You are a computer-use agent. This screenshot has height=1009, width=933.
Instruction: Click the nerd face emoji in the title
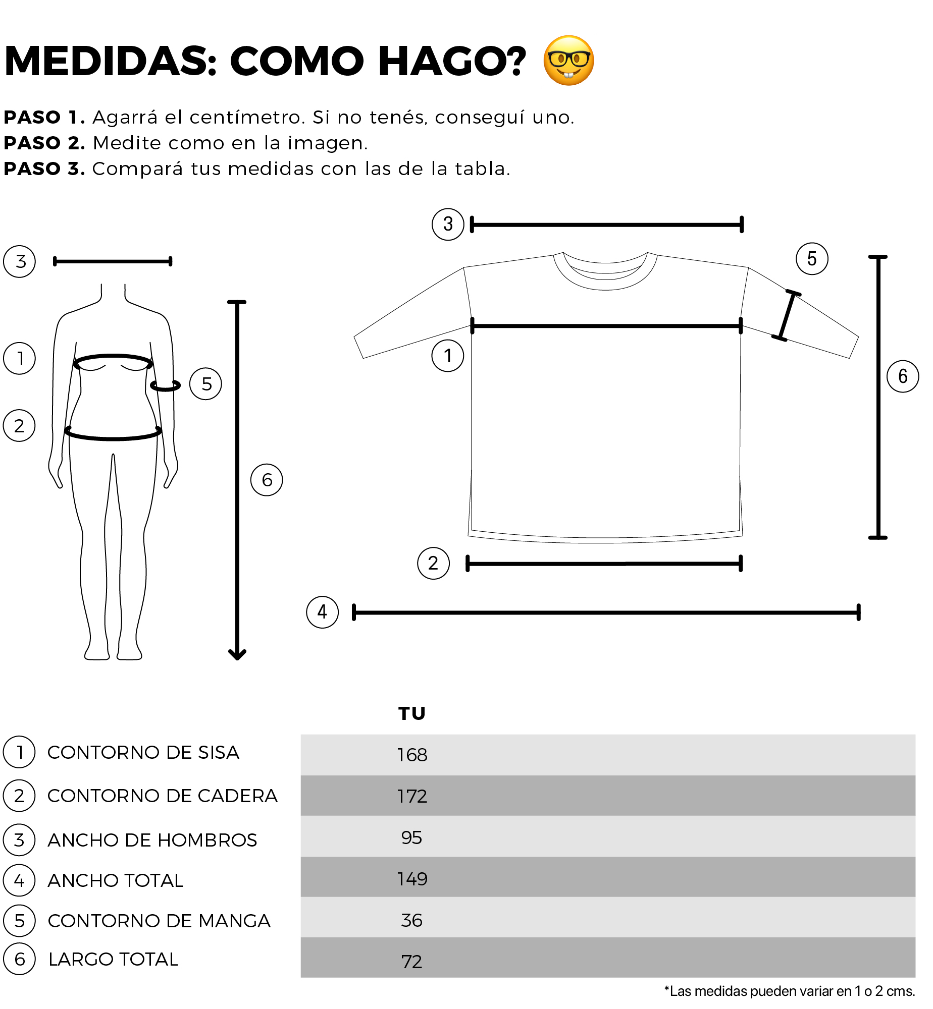[x=568, y=61]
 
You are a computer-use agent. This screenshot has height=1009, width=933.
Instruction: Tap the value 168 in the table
[x=412, y=755]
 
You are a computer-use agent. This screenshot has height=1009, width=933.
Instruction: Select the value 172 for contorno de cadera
[x=412, y=796]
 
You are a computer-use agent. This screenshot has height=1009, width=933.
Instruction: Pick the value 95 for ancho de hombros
[x=411, y=837]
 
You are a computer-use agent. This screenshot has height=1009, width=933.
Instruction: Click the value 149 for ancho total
[x=412, y=879]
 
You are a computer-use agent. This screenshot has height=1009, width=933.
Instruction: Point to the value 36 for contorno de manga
[x=411, y=920]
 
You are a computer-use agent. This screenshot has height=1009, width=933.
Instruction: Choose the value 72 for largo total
[x=411, y=962]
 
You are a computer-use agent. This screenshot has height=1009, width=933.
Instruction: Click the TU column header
[x=412, y=714]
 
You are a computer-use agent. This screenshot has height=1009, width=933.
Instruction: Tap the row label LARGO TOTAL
[x=113, y=959]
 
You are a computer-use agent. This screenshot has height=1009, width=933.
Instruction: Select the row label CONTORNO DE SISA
[x=143, y=752]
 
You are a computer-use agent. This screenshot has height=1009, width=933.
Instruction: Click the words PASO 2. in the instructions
[x=44, y=143]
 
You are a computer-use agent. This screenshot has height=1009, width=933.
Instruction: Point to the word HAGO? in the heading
[x=452, y=61]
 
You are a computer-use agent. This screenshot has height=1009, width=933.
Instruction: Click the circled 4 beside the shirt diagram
[x=323, y=612]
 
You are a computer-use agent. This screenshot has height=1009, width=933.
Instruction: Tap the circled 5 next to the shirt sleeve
[x=812, y=259]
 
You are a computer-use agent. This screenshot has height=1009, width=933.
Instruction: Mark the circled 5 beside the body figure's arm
[x=205, y=384]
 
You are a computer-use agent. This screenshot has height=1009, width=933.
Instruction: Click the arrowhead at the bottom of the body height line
[x=237, y=655]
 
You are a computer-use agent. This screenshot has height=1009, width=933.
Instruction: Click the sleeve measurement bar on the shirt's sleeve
[x=787, y=316]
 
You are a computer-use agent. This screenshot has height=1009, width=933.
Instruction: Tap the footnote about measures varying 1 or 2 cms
[x=790, y=991]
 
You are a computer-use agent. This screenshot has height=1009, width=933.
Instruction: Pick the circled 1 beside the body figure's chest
[x=20, y=358]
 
